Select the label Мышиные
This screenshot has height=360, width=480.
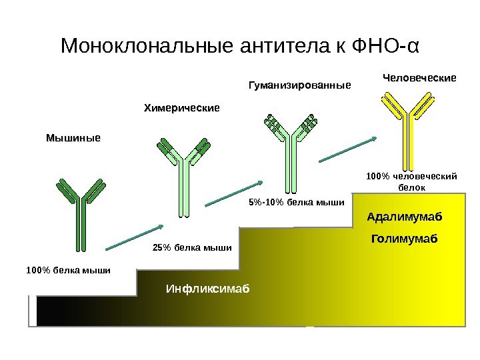coord(73,138)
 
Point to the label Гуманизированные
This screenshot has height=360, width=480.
coord(299,85)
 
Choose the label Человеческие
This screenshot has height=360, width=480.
coord(419,77)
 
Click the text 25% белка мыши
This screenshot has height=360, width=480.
coord(191,248)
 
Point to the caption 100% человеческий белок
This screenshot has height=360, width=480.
coord(411,181)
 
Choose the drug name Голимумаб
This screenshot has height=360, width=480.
coord(405,237)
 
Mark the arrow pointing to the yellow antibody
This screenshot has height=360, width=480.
coord(350,149)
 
